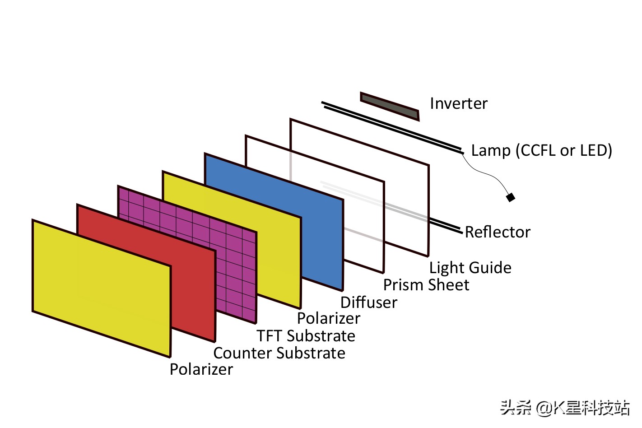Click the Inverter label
pos(458,104)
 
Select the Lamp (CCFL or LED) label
pos(541,150)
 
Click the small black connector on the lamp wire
pos(511,197)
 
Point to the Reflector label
pos(497,232)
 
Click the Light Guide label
pos(470,268)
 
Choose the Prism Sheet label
pos(426,285)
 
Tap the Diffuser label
pos(368,302)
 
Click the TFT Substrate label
pos(306,336)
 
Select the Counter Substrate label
pos(279,353)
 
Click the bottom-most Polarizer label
pos(201,369)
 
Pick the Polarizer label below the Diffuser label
pos(328,319)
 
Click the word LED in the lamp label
pos(594,150)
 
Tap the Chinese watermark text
pos(564,408)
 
